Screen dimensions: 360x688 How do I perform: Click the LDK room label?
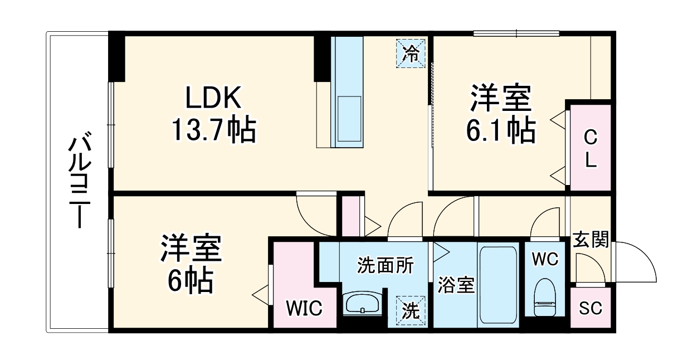coord(213,99)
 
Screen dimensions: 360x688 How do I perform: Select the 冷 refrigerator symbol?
coord(411,53)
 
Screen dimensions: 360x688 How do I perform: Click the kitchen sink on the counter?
coord(348,120)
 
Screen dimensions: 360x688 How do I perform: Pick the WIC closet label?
coord(304,308)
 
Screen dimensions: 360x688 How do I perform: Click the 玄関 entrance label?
coord(591,241)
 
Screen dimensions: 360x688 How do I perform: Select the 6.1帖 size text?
coord(501,130)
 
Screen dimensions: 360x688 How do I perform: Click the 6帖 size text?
coord(191,282)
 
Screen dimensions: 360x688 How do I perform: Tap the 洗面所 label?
coord(386,265)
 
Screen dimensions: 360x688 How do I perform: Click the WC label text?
coord(544,259)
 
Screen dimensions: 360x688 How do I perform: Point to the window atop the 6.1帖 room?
coord(516,33)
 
